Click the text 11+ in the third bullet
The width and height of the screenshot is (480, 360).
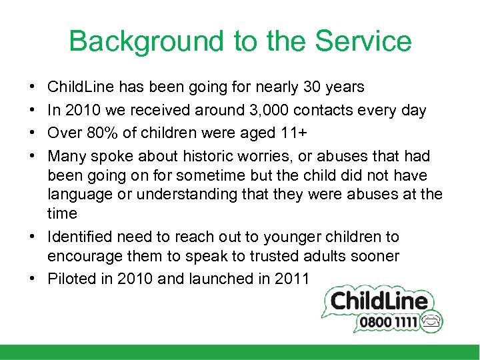tap(293, 133)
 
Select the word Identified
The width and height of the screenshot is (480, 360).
tap(79, 237)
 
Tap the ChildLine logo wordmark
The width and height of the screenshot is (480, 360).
tap(379, 301)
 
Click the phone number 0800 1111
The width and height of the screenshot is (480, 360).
tap(389, 323)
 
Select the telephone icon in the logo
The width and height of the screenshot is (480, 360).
tap(430, 321)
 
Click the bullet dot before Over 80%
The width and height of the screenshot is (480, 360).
tap(33, 133)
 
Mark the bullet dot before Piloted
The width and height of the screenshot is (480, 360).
tap(33, 279)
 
